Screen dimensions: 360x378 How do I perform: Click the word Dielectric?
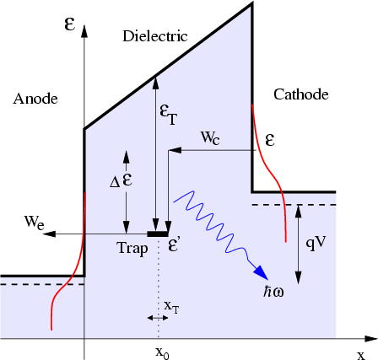click(154, 37)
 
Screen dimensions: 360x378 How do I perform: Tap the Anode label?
click(35, 99)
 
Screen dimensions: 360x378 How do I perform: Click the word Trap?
click(132, 248)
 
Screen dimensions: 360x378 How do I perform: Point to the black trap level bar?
click(158, 233)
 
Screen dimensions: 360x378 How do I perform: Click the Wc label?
click(211, 136)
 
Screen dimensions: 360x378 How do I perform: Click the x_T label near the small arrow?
click(170, 309)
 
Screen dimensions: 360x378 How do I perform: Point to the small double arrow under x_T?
click(158, 318)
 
